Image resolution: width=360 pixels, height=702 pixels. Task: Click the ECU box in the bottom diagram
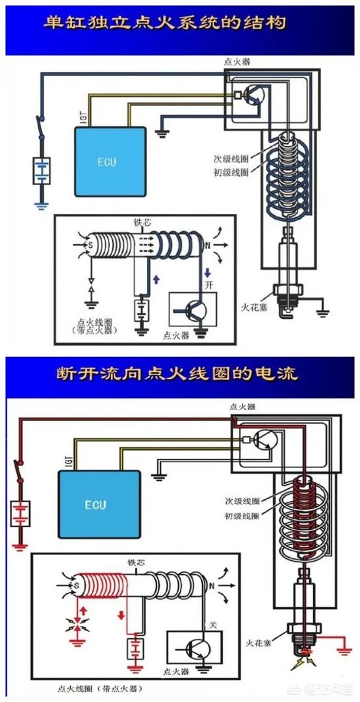point(96,503)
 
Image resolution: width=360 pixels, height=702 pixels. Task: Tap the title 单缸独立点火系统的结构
point(164,23)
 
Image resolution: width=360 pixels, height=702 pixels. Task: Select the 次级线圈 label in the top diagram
point(230,158)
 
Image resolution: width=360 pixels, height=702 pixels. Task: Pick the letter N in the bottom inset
point(210,588)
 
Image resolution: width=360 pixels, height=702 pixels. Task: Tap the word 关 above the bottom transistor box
point(211,625)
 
